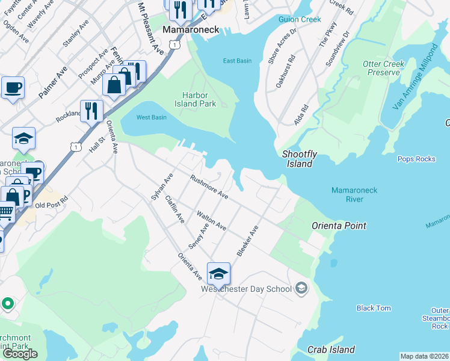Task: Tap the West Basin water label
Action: tap(151, 117)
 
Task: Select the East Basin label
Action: tap(237, 61)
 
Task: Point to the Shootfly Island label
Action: tap(300, 159)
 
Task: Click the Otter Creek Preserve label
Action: tap(383, 68)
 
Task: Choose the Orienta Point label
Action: tap(339, 226)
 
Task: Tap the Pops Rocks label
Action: tap(416, 159)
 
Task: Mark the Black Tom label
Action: tap(374, 308)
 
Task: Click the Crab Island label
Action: tap(331, 350)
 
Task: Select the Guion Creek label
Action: tap(300, 19)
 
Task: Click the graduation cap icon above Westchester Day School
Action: tap(218, 274)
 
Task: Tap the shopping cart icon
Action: tap(6, 212)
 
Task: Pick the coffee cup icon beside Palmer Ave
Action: tap(13, 88)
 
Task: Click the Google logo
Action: tap(20, 354)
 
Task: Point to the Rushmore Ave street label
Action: tap(209, 187)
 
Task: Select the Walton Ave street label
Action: tap(211, 220)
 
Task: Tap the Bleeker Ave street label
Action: tap(247, 241)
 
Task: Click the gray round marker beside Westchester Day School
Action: tap(301, 289)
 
